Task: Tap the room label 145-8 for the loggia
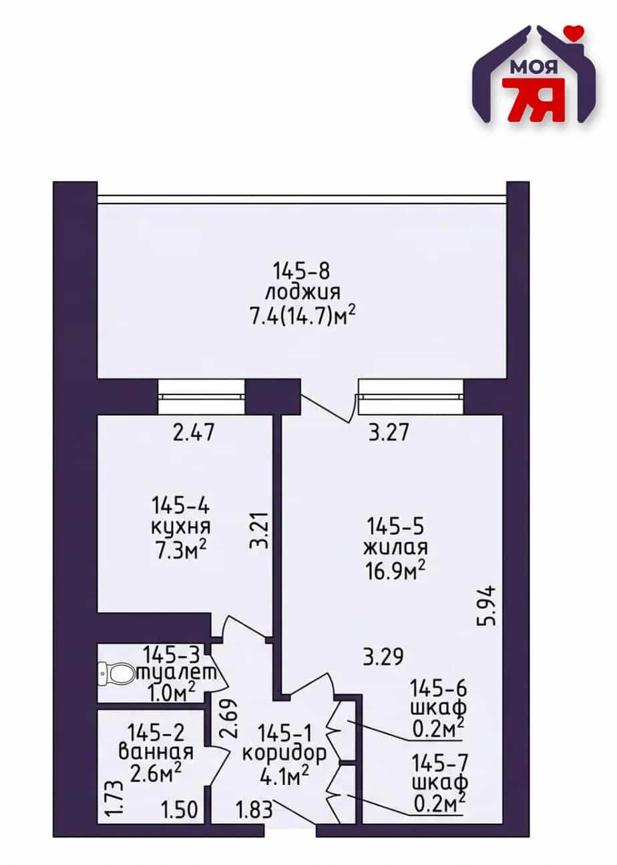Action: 301,271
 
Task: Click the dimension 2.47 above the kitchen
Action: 194,432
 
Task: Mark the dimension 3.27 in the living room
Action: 388,432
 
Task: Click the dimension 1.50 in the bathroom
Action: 180,798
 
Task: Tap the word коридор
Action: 284,754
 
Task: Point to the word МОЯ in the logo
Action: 534,67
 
